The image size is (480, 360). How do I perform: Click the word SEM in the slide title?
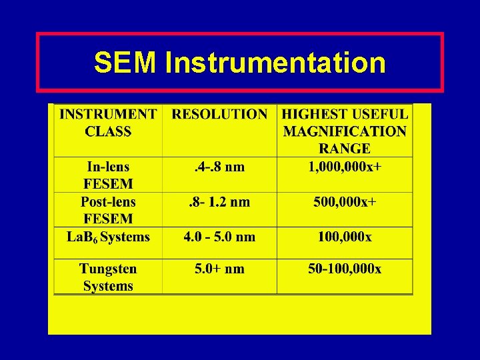pyautogui.click(x=126, y=63)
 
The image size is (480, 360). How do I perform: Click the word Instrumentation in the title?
pyautogui.click(x=275, y=63)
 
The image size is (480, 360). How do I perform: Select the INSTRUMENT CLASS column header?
pyautogui.click(x=108, y=123)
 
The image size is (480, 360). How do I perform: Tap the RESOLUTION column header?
pyautogui.click(x=219, y=114)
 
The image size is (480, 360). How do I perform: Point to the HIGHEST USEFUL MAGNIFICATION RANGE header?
pyautogui.click(x=345, y=131)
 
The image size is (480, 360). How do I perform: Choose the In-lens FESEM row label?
pyautogui.click(x=108, y=175)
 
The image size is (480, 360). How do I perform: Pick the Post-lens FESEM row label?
pyautogui.click(x=108, y=210)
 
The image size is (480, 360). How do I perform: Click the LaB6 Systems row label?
pyautogui.click(x=108, y=237)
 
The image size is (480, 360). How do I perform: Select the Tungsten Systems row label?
pyautogui.click(x=108, y=277)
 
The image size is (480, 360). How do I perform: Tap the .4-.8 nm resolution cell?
pyautogui.click(x=219, y=167)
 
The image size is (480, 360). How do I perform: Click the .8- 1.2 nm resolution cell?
pyautogui.click(x=219, y=202)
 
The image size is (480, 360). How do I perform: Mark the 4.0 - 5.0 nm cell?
pyautogui.click(x=219, y=237)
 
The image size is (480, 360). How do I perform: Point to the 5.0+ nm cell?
pyautogui.click(x=219, y=269)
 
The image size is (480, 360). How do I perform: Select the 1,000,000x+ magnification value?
pyautogui.click(x=345, y=167)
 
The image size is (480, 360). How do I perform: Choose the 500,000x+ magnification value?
pyautogui.click(x=345, y=202)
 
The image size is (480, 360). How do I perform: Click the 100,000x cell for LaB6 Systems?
pyautogui.click(x=345, y=237)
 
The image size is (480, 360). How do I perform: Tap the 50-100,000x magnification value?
pyautogui.click(x=345, y=269)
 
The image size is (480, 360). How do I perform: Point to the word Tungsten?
pyautogui.click(x=108, y=269)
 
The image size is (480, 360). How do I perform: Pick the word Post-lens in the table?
pyautogui.click(x=108, y=202)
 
